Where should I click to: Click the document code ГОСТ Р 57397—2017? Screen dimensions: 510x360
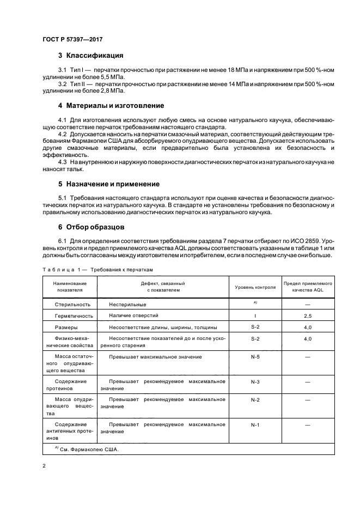point(72,40)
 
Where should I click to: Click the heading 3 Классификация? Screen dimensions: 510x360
point(90,56)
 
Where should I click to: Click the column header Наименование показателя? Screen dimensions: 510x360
point(69,287)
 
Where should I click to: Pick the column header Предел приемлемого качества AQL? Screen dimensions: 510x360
point(308,287)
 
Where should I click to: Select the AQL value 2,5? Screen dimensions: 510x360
point(308,316)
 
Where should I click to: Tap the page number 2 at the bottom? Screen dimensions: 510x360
point(44,466)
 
